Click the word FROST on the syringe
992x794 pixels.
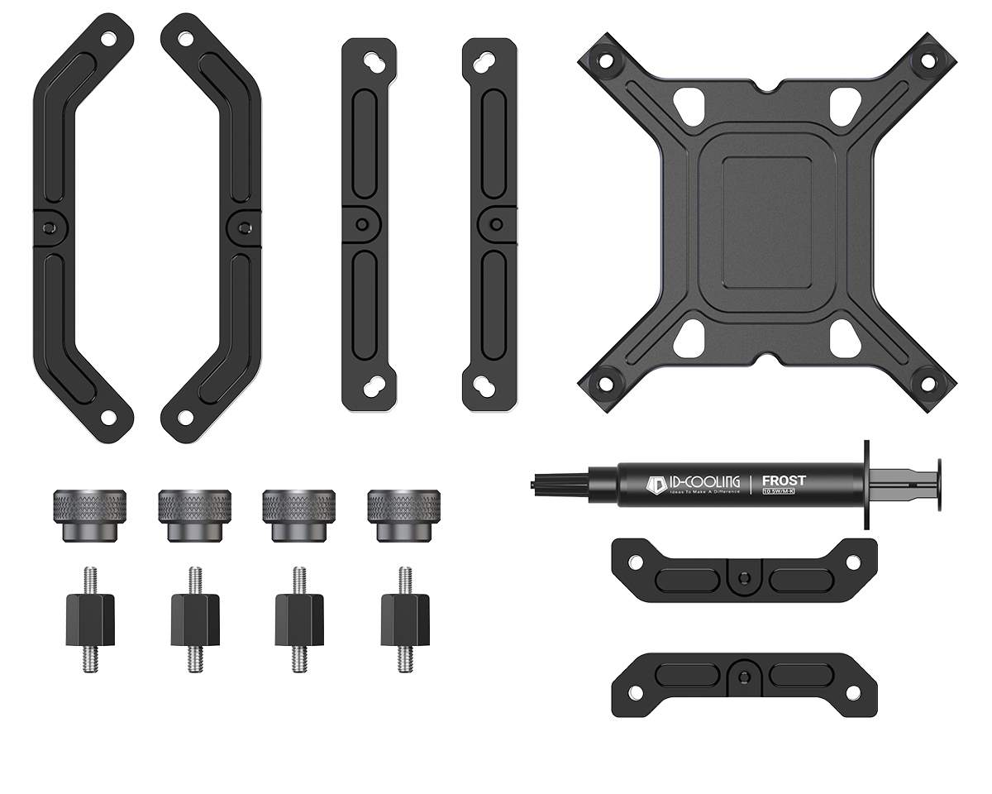(783, 481)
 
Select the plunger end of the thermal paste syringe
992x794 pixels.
(940, 484)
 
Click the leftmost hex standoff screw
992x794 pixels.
(90, 619)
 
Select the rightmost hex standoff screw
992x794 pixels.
(404, 619)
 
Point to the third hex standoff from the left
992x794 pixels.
(299, 619)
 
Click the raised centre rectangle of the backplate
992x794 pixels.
(766, 222)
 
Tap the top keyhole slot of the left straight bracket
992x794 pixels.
(370, 63)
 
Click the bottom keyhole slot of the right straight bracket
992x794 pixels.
(489, 385)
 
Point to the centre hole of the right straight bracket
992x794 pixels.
(494, 223)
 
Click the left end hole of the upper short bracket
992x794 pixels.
(634, 562)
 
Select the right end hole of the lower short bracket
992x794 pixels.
(855, 691)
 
